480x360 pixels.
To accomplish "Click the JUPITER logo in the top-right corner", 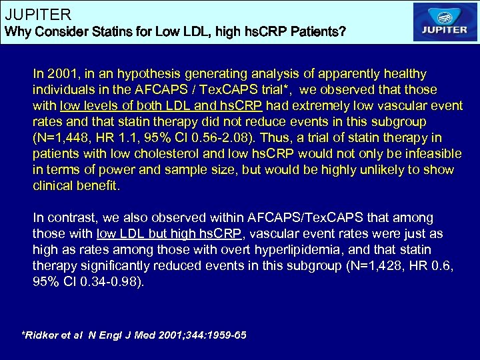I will pyautogui.click(x=445, y=22).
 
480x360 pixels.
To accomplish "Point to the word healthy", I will pyautogui.click(x=405, y=73).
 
